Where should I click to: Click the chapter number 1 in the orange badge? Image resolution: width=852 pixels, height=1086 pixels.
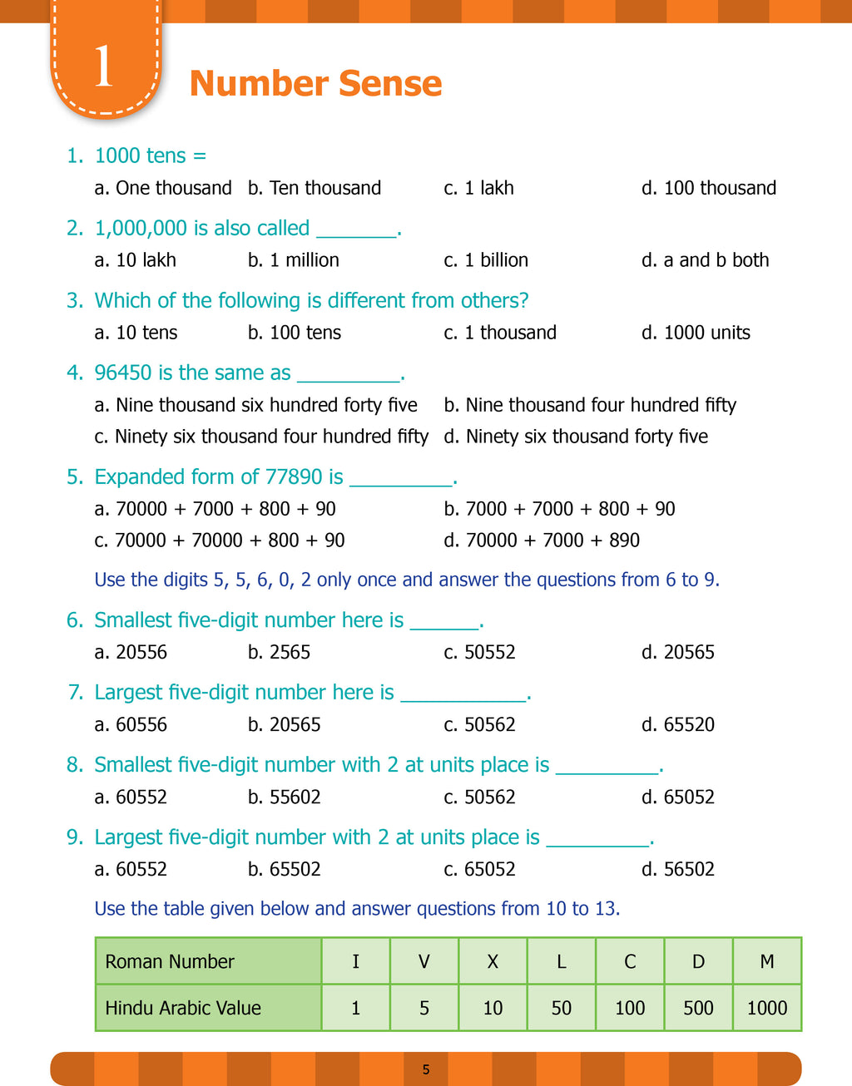tap(103, 67)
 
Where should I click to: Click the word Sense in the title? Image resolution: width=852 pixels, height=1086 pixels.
tap(391, 83)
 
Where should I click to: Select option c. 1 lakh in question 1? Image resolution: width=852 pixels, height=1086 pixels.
tap(479, 188)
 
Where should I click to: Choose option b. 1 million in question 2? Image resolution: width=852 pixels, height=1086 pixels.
tap(294, 260)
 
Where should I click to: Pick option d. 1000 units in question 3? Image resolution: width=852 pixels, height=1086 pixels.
tap(696, 333)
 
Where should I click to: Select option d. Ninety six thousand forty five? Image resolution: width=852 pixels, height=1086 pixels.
tap(577, 437)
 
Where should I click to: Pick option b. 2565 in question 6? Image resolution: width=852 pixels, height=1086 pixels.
tap(280, 653)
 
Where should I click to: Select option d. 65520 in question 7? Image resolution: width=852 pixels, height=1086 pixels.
tap(678, 725)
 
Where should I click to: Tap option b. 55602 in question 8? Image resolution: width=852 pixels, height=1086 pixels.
tap(285, 797)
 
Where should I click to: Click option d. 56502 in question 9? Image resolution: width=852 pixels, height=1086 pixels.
tap(678, 870)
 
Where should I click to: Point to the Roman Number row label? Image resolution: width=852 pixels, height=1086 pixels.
tap(170, 961)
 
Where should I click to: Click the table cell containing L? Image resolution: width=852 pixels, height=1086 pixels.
tap(562, 961)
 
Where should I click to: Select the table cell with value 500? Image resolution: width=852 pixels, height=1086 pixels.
tap(698, 1008)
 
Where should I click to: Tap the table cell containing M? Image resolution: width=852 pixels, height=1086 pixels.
tap(767, 961)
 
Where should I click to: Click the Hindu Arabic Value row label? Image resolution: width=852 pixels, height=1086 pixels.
tap(183, 1008)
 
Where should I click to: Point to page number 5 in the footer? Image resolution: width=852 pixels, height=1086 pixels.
tap(426, 1069)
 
